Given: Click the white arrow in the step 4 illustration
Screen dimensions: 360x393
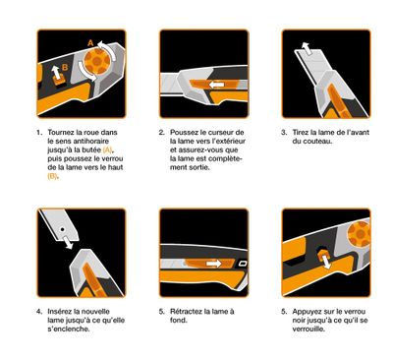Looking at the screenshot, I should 72,250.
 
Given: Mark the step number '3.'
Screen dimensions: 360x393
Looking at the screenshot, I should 283,132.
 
